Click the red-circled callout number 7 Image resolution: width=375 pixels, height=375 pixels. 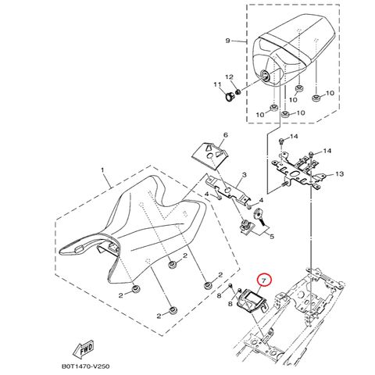click(264, 280)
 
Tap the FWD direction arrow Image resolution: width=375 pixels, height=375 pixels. click(84, 349)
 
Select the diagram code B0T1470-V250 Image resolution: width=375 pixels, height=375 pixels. click(85, 366)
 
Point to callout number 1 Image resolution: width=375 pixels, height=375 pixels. click(102, 170)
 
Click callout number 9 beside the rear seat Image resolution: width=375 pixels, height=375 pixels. click(227, 41)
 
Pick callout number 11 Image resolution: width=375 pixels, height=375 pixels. click(217, 84)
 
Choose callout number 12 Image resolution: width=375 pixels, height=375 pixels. click(230, 77)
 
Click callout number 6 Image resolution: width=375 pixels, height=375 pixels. click(226, 135)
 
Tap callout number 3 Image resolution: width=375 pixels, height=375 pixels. click(244, 175)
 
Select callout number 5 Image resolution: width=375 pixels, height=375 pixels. click(271, 237)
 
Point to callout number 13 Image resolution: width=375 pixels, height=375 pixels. click(340, 173)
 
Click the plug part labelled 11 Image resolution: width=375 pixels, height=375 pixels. click(230, 97)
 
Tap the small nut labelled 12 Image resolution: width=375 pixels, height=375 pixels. click(237, 91)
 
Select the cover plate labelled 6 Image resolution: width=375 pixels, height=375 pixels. click(210, 155)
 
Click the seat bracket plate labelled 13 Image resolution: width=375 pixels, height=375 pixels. click(298, 171)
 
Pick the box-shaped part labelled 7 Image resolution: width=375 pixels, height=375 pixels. click(251, 301)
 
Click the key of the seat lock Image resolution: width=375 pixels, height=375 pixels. click(259, 216)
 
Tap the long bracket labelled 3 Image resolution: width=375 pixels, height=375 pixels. click(228, 190)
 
